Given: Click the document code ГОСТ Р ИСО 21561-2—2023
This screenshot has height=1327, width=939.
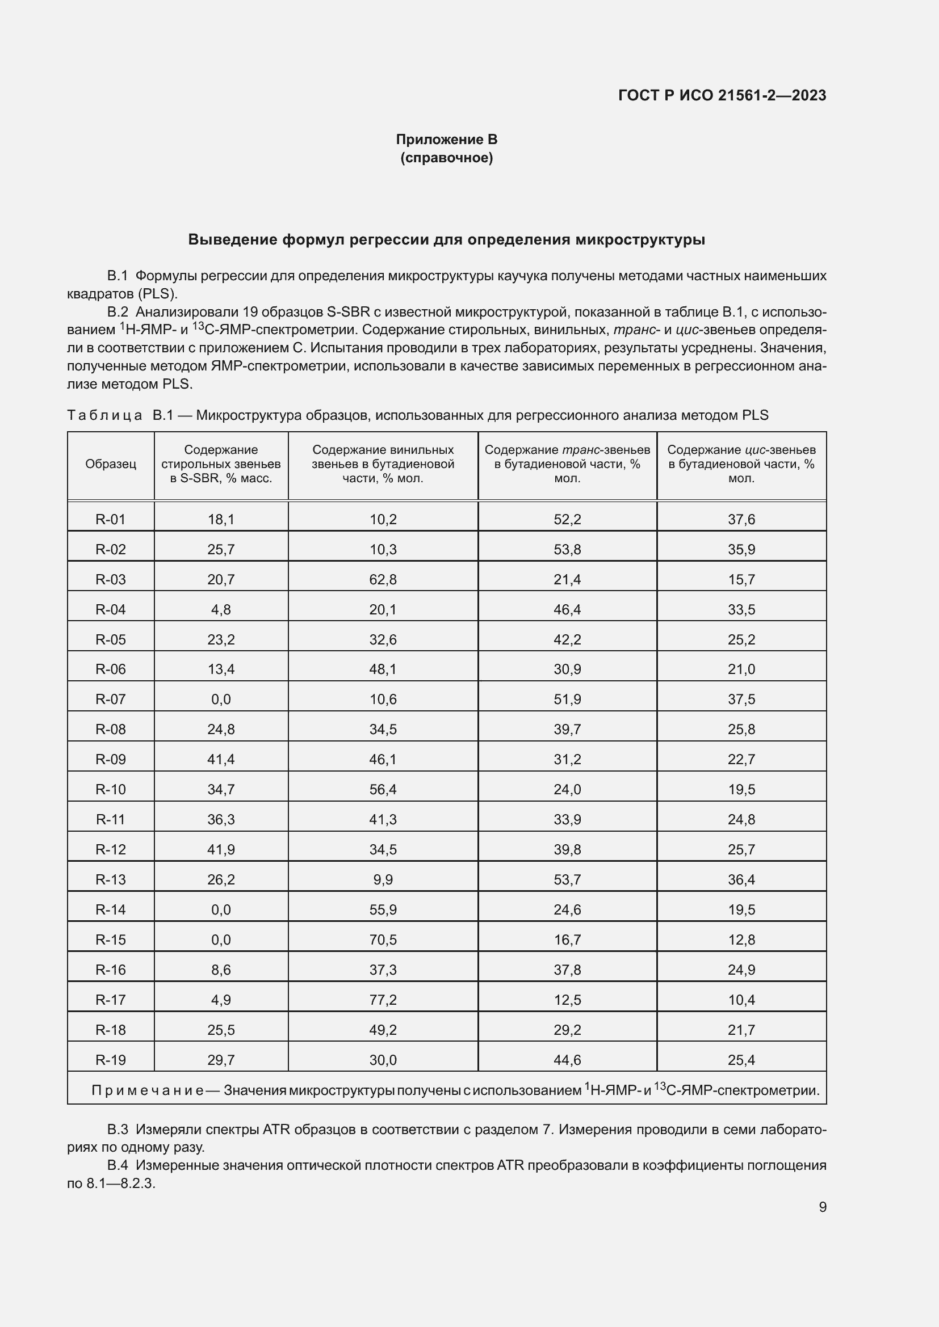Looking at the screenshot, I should (x=722, y=95).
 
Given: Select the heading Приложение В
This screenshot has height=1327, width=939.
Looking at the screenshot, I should (x=446, y=140).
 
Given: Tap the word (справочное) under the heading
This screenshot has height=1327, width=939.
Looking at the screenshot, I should (x=446, y=158).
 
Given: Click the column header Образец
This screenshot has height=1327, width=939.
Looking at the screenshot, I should (x=111, y=464).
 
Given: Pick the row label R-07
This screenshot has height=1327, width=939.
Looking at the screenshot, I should (x=111, y=700).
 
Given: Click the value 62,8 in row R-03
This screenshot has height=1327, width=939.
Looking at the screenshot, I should (x=383, y=579).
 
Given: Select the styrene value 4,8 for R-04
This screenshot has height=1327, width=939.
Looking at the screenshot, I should (x=221, y=609).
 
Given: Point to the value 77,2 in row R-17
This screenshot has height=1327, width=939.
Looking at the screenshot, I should (x=383, y=1000).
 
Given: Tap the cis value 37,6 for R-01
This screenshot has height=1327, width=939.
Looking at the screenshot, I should (x=741, y=519).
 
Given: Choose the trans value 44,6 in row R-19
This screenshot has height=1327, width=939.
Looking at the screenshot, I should (x=567, y=1060).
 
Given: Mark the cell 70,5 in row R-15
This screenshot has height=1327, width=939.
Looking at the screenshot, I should (x=383, y=940).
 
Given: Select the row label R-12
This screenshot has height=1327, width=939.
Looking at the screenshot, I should (x=111, y=850).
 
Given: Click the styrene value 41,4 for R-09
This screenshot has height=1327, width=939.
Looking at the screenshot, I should (x=221, y=760).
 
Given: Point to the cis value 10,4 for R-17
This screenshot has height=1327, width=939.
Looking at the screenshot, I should (x=741, y=1000).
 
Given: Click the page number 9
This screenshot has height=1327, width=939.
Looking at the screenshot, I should (x=822, y=1207).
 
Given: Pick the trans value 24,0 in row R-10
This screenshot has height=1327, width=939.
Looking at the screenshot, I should (x=567, y=790).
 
